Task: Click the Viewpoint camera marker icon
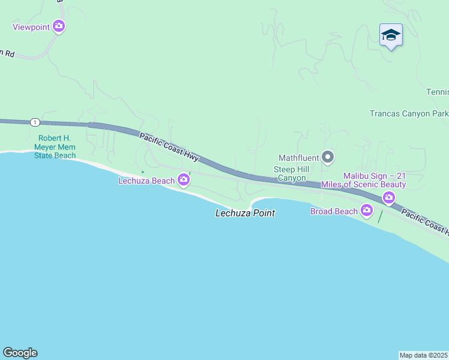point(59,26)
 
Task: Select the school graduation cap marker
point(391,35)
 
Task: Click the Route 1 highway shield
point(35,122)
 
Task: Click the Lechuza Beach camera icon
point(184,180)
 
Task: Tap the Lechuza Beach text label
point(146,181)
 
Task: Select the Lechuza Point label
point(245,213)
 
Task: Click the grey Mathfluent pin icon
point(328,158)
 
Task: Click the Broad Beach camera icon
point(367,210)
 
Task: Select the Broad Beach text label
point(334,211)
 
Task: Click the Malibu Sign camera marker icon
point(389,197)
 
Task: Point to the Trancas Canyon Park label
point(409,113)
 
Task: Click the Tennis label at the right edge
point(437,92)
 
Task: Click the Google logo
point(20,353)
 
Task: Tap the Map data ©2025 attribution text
point(424,355)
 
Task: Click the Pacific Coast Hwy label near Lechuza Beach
point(169,146)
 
